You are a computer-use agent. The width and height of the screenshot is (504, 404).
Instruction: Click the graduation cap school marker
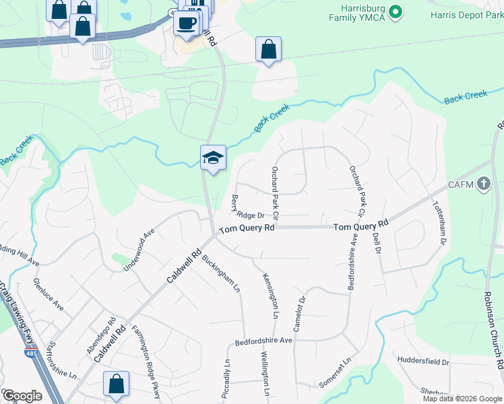click(213, 158)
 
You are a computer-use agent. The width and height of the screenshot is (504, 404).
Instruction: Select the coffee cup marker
click(187, 22)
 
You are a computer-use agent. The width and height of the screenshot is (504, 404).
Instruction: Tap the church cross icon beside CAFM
click(483, 184)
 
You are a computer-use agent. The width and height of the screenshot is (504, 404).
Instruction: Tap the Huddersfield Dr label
click(424, 362)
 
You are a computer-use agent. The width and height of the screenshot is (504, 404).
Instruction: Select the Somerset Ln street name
click(337, 371)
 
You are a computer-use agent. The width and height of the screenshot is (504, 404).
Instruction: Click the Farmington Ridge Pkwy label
click(147, 362)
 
